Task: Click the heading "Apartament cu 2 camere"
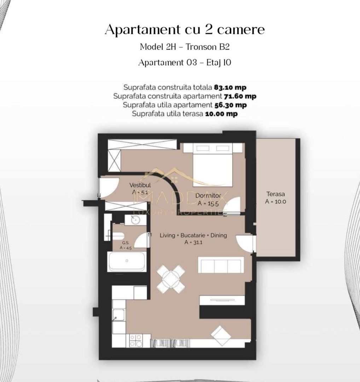tap(185, 30)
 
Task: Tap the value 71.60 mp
tap(240, 96)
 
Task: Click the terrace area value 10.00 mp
tap(221, 114)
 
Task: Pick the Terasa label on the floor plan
tap(275, 194)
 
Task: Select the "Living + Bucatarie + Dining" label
tap(193, 235)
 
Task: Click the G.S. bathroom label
tap(126, 243)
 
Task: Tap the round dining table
tap(171, 279)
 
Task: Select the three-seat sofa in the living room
tap(221, 265)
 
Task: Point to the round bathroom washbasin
tap(135, 220)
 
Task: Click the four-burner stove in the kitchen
tap(136, 341)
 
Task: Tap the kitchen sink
tap(118, 315)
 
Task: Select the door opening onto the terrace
tap(246, 243)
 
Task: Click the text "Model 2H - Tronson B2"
tap(185, 47)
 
